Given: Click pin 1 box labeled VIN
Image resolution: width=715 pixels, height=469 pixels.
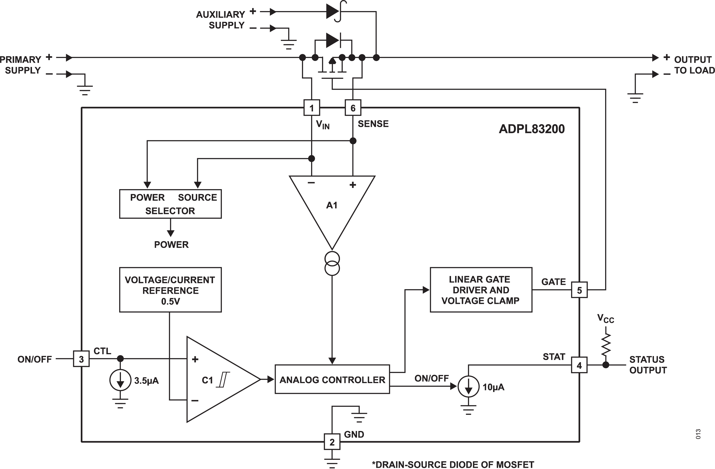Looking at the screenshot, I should pyautogui.click(x=312, y=108).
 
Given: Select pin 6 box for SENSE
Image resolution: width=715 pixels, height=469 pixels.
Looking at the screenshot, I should pyautogui.click(x=353, y=108).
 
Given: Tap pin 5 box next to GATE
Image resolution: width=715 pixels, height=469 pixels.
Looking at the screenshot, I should pyautogui.click(x=579, y=290).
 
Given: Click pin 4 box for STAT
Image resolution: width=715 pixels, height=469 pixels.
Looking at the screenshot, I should pyautogui.click(x=579, y=365).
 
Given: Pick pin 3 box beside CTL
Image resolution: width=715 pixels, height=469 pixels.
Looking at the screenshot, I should pyautogui.click(x=81, y=359).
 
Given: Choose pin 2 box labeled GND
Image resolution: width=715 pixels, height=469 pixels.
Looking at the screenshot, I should pyautogui.click(x=332, y=442).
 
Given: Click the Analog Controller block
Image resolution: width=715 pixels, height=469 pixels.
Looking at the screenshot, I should pyautogui.click(x=332, y=379).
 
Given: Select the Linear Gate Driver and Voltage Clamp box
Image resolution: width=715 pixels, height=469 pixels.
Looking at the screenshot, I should pyautogui.click(x=481, y=290).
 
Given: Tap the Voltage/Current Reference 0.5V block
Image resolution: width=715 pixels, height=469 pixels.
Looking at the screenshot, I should pyautogui.click(x=170, y=290).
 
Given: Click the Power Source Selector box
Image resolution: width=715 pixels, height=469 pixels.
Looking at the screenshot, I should pyautogui.click(x=170, y=204).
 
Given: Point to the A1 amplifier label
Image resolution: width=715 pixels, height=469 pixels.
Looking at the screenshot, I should pyautogui.click(x=332, y=205).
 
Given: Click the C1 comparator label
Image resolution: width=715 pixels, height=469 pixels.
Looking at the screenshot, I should pyautogui.click(x=207, y=380).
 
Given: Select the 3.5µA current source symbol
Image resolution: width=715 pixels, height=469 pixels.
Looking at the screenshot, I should pyautogui.click(x=120, y=380).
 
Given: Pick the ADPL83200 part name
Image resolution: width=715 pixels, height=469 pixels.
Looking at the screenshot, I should pyautogui.click(x=532, y=129).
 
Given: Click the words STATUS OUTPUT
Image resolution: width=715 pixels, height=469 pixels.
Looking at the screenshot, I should pyautogui.click(x=648, y=365).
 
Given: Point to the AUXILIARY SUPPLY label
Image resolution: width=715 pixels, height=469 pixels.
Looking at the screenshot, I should pyautogui.click(x=221, y=20).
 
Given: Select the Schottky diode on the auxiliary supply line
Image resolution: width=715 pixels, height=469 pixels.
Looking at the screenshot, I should pyautogui.click(x=335, y=12).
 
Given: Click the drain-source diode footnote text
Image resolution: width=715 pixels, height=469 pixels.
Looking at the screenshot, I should pyautogui.click(x=453, y=464).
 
